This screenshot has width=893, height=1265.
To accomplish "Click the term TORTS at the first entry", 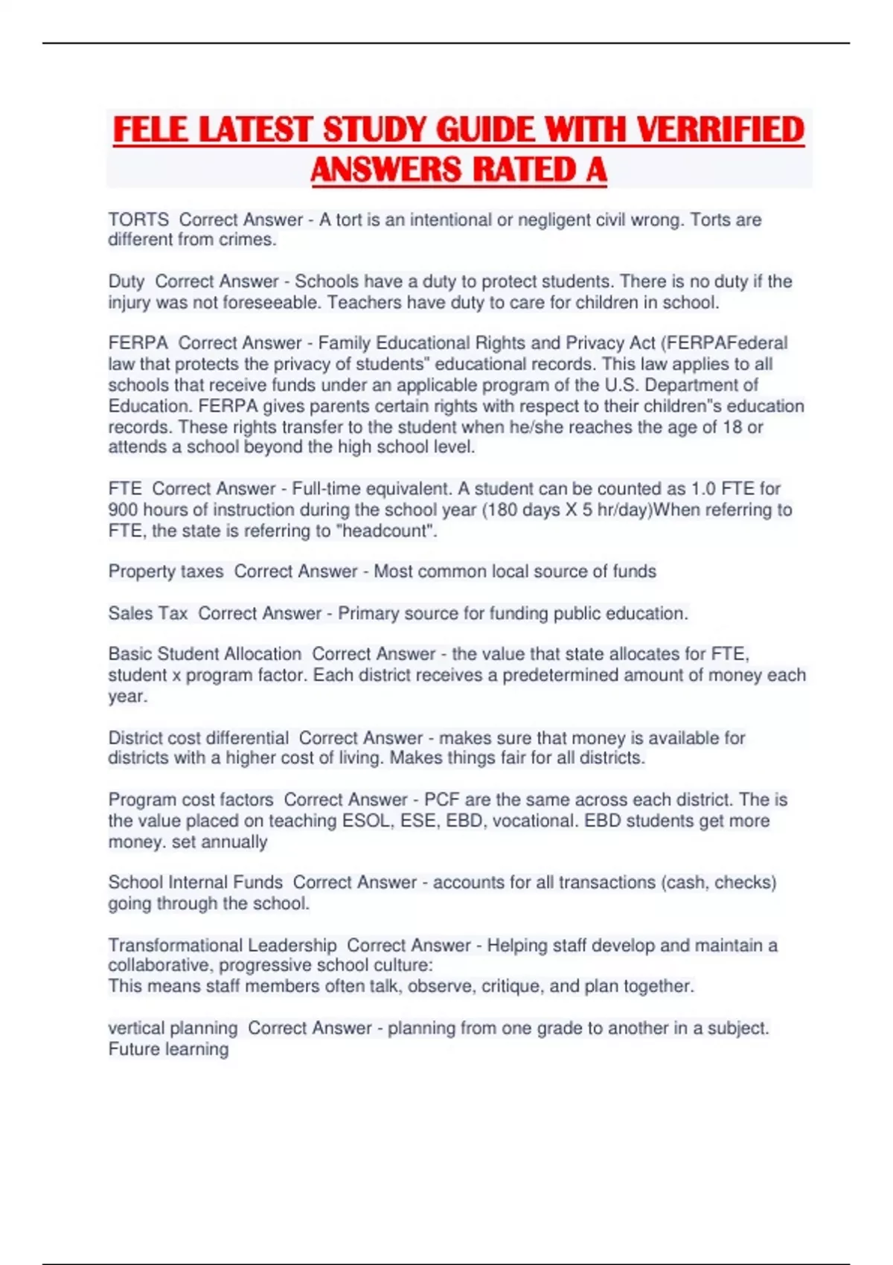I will click(138, 220).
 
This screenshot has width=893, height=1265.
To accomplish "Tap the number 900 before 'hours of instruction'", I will click(123, 510).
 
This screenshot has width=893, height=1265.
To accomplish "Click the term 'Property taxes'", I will click(166, 571).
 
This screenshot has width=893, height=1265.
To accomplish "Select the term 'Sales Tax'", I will click(148, 613).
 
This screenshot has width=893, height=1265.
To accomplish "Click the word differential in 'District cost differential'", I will click(247, 738).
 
